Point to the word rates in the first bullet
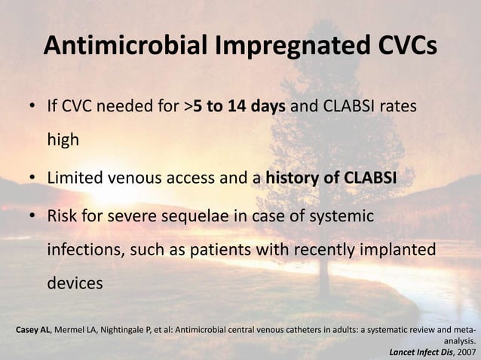[x=395, y=107]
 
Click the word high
[x=64, y=139]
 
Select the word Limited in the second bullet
[x=74, y=178]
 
